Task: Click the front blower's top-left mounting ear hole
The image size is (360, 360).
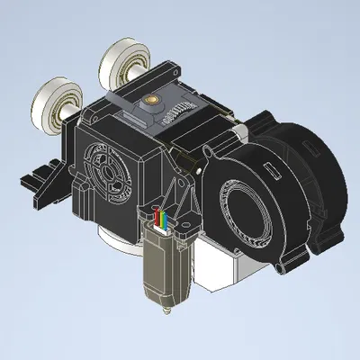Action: (x=209, y=149)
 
